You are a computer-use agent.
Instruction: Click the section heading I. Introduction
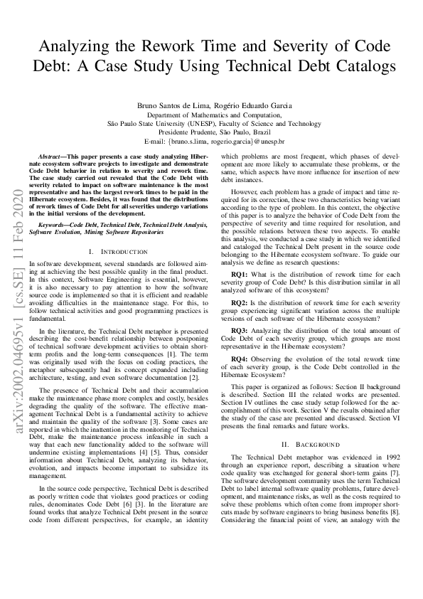pyautogui.click(x=118, y=252)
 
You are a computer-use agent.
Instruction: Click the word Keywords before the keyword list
pyautogui.click(x=55, y=224)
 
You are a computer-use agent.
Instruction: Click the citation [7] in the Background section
pyautogui.click(x=390, y=472)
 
